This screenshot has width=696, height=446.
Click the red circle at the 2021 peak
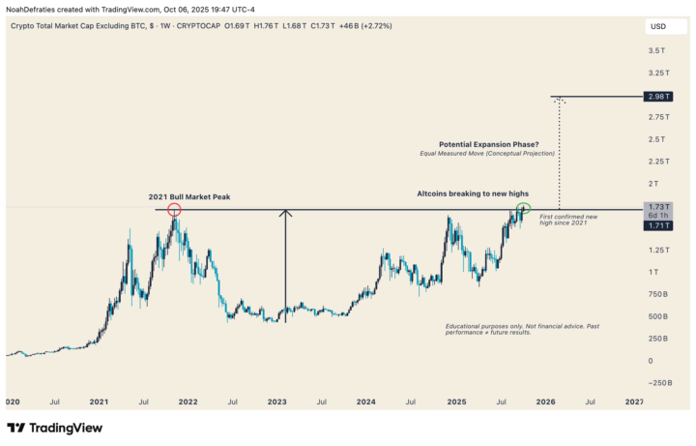[x=174, y=209]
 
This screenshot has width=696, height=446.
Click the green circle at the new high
[x=524, y=208]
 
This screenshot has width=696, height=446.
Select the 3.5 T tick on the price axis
[x=655, y=50]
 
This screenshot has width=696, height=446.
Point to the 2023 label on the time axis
[x=276, y=400]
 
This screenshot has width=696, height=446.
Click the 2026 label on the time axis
[x=546, y=400]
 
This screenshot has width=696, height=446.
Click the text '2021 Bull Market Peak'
[x=188, y=196]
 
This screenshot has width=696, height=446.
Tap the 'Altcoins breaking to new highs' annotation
[x=472, y=194]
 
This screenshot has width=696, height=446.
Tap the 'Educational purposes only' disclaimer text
[x=522, y=329]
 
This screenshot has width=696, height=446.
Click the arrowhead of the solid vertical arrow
[x=285, y=213]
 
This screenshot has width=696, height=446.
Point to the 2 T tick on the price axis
[x=655, y=183]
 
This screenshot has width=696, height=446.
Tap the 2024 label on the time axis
[x=365, y=400]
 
